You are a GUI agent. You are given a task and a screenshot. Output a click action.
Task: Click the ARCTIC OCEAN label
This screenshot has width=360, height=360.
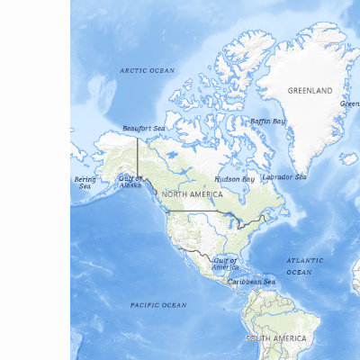[148, 69]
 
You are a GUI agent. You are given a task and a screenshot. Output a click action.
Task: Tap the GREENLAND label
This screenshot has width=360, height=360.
[310, 91]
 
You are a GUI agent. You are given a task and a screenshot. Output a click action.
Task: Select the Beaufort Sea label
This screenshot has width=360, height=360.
[144, 129]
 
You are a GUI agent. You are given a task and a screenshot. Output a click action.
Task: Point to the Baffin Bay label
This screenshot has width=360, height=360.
[267, 121]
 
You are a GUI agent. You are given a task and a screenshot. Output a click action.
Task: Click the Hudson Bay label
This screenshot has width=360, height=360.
[235, 178]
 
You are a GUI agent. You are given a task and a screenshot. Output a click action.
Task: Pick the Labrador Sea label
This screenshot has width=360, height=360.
[283, 176]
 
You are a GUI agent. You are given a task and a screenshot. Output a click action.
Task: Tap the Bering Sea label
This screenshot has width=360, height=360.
[85, 183]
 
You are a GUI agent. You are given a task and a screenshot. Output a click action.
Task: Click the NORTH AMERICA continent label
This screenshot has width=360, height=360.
[193, 194]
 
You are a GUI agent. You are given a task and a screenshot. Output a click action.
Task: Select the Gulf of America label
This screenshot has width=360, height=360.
[225, 264]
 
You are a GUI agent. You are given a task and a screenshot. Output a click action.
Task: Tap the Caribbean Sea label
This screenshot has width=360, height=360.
[251, 282]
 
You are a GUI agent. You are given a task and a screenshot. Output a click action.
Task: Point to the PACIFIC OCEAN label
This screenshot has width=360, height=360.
[158, 305]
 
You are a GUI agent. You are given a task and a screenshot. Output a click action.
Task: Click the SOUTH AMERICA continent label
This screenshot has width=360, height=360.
[276, 337]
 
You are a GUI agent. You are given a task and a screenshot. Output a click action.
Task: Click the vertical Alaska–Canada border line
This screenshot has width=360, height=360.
[138, 157]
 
